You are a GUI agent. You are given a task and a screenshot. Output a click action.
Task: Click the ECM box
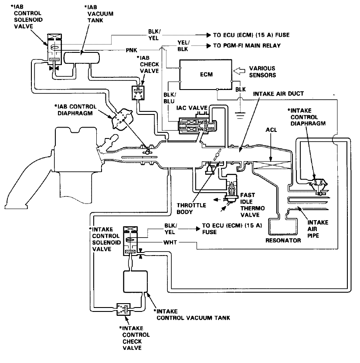[206, 74]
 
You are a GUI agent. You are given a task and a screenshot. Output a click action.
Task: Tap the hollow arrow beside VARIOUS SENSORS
[239, 71]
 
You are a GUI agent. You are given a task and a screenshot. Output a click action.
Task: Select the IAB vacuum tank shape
[82, 58]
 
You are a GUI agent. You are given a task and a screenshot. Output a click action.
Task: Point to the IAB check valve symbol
[138, 93]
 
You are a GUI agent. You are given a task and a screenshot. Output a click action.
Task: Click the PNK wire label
[131, 50]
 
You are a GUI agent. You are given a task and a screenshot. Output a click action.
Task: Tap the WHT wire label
[170, 242]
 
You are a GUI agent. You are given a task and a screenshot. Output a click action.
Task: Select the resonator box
[282, 227]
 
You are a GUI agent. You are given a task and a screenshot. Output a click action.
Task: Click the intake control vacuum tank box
[135, 281]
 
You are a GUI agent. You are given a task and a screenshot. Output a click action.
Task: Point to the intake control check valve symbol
[123, 309]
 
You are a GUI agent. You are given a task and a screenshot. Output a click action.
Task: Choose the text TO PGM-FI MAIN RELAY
[247, 45]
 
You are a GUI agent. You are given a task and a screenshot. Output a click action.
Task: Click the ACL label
[271, 130]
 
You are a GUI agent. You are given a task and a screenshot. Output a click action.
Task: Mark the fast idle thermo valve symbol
[231, 187]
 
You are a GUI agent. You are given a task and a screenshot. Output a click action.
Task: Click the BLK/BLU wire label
[169, 98]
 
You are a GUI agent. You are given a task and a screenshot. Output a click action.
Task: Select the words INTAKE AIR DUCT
[278, 94]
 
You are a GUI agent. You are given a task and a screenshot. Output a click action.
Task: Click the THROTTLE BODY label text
[191, 208]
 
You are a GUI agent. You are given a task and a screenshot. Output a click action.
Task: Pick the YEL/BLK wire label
[183, 45]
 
